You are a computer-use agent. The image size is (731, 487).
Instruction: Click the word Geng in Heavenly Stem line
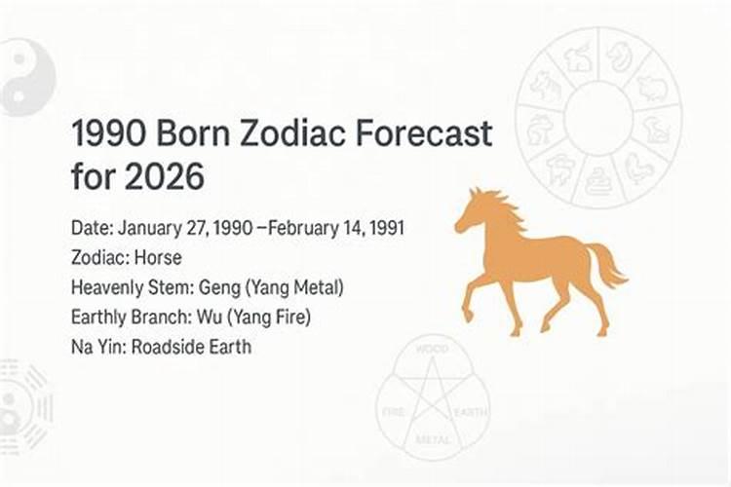point(221,287)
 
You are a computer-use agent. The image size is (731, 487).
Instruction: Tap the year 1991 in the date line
point(384,229)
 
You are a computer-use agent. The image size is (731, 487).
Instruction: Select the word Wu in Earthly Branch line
point(213,317)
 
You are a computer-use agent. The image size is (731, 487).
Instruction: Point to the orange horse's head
point(473,212)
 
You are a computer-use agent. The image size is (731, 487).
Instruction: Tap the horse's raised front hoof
point(468,315)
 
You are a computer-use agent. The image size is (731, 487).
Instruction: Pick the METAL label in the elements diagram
point(432,440)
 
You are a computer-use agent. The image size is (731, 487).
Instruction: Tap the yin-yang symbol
point(21,76)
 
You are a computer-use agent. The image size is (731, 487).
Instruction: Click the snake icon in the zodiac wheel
point(597,177)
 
